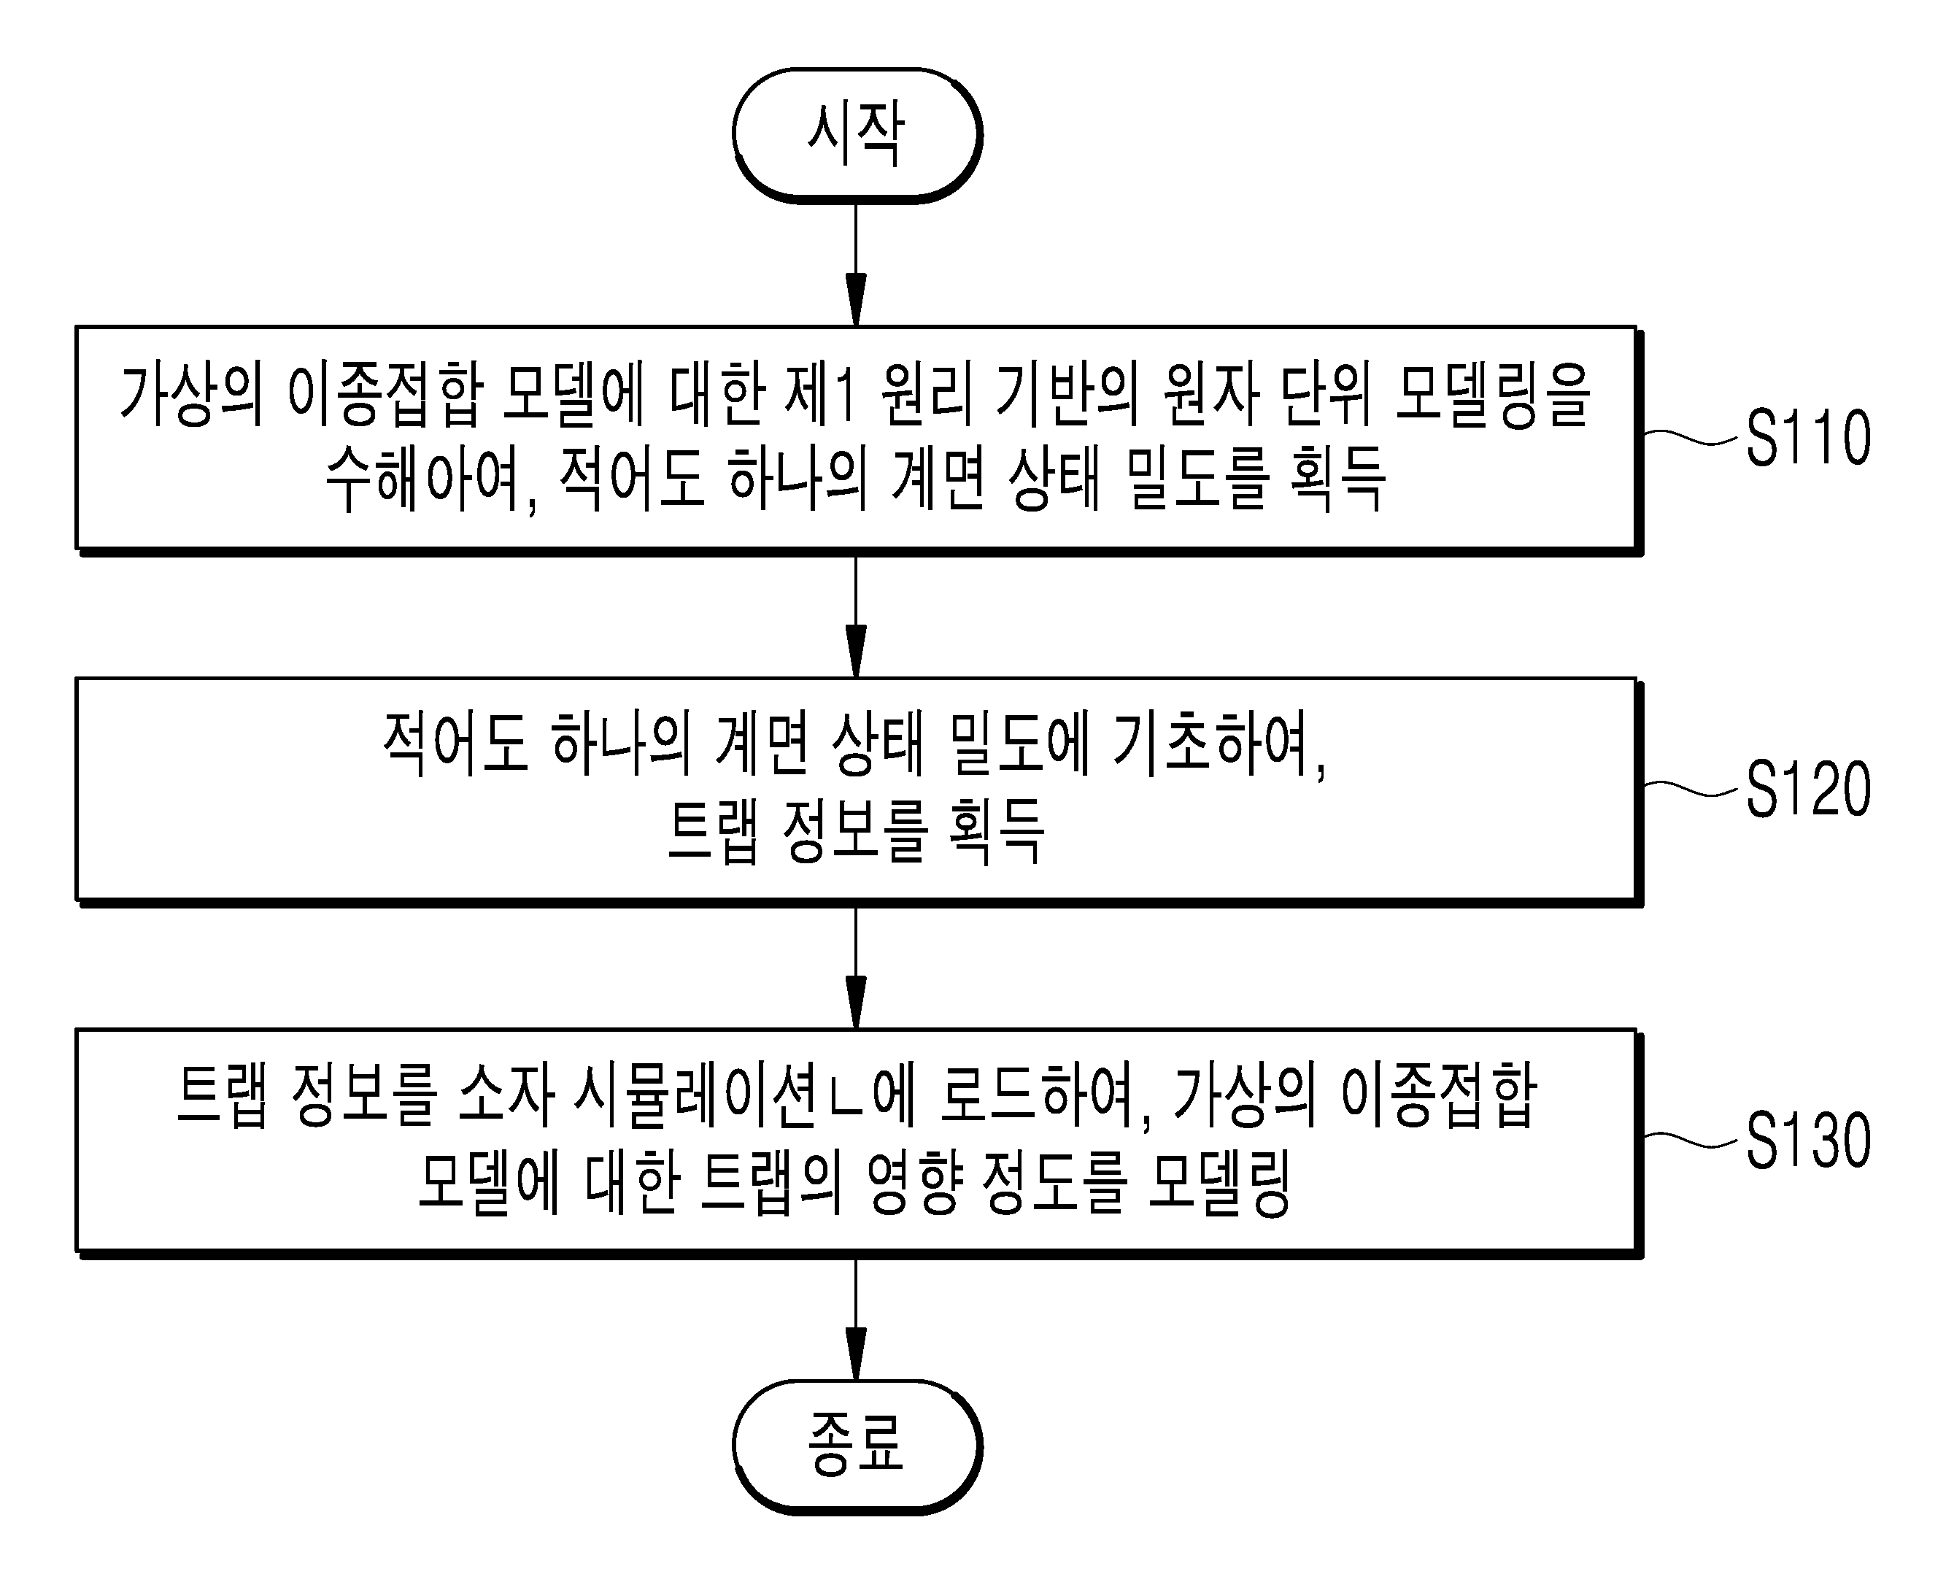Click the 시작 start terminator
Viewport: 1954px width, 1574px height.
[x=857, y=135]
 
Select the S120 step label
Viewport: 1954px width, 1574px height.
[x=1808, y=789]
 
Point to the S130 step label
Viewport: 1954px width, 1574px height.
[x=1808, y=1140]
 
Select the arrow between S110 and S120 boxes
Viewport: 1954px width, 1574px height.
[x=856, y=617]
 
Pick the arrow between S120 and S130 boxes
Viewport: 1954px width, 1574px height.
[x=856, y=968]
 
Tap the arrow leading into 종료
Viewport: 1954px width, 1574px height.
[x=856, y=1320]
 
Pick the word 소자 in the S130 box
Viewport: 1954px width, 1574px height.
[x=507, y=1097]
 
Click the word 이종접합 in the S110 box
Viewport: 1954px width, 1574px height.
[x=384, y=396]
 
